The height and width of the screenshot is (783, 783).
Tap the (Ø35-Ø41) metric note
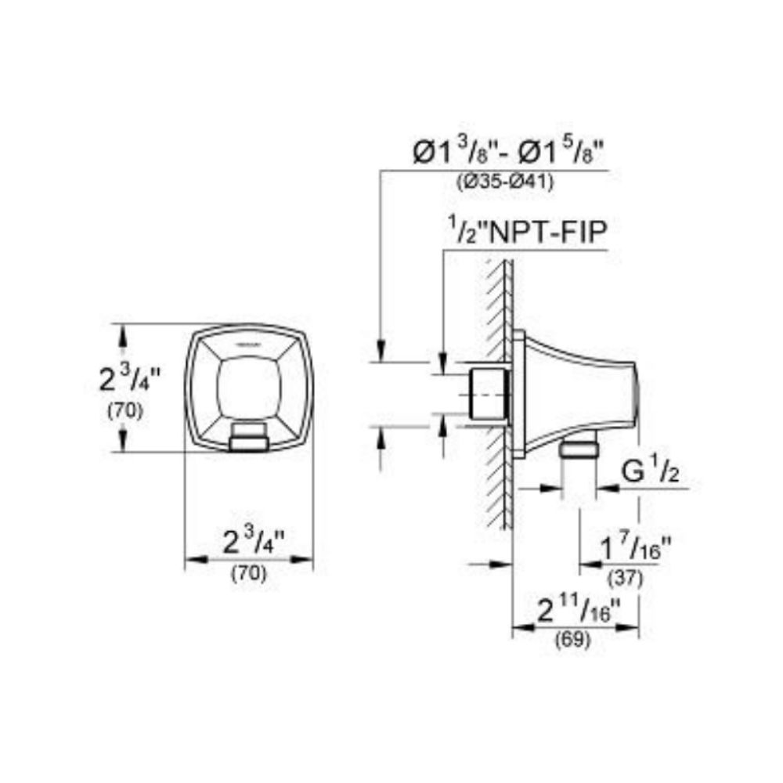click(x=505, y=182)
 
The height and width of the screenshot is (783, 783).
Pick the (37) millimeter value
click(x=626, y=579)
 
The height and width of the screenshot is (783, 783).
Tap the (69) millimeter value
click(x=573, y=640)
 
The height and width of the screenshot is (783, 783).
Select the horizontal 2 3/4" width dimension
click(x=253, y=542)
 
